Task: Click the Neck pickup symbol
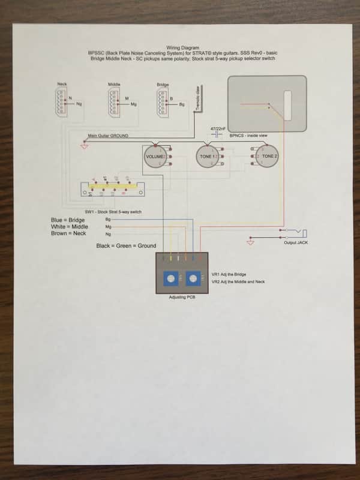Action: click(x=62, y=101)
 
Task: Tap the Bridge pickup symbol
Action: click(x=160, y=101)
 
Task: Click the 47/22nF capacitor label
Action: click(x=217, y=129)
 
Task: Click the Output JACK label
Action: click(x=295, y=243)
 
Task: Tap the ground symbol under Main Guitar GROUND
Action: click(x=83, y=145)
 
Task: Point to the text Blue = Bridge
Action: click(x=68, y=220)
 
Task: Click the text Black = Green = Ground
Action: click(x=126, y=246)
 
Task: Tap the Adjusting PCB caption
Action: click(x=182, y=298)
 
